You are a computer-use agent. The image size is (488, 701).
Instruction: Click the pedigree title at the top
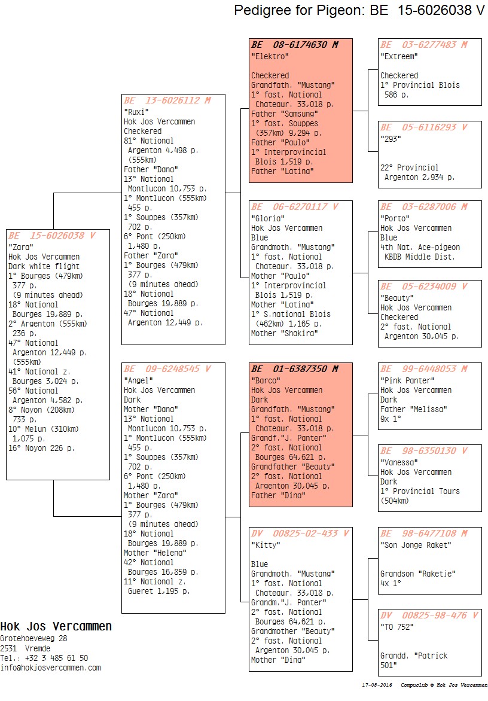(x=359, y=10)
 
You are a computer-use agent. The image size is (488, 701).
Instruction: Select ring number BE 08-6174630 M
(x=295, y=45)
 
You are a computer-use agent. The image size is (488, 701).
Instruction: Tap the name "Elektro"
(x=270, y=56)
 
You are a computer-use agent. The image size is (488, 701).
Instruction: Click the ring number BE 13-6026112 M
(x=167, y=100)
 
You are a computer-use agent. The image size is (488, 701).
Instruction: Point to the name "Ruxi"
(x=136, y=112)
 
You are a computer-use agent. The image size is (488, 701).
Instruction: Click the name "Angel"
(x=139, y=380)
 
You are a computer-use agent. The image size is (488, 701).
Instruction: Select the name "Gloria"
(x=268, y=218)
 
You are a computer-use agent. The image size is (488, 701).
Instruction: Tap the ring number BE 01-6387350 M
(x=295, y=369)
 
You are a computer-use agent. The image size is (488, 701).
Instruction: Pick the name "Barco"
(x=266, y=380)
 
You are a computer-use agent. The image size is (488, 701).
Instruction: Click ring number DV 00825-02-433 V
(x=300, y=534)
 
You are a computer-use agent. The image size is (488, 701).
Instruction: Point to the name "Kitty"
(x=266, y=545)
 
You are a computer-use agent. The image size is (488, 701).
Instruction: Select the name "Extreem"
(x=399, y=56)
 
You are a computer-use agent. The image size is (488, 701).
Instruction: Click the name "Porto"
(x=395, y=218)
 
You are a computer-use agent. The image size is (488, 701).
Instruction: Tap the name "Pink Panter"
(x=407, y=380)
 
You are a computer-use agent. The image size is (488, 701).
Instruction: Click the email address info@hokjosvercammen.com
(x=50, y=668)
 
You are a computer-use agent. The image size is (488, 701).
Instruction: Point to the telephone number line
(x=44, y=658)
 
